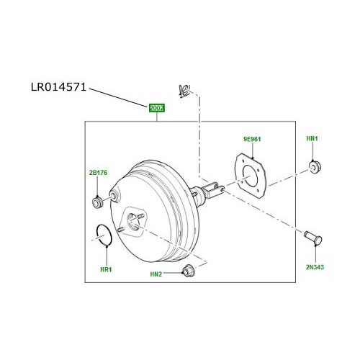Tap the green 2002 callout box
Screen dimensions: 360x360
coord(157,109)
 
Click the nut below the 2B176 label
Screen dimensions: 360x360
coord(97,201)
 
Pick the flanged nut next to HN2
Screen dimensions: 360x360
coord(189,271)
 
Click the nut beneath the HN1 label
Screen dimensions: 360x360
coord(313,168)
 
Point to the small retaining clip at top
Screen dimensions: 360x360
coord(186,91)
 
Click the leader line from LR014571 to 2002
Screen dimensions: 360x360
coord(119,98)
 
